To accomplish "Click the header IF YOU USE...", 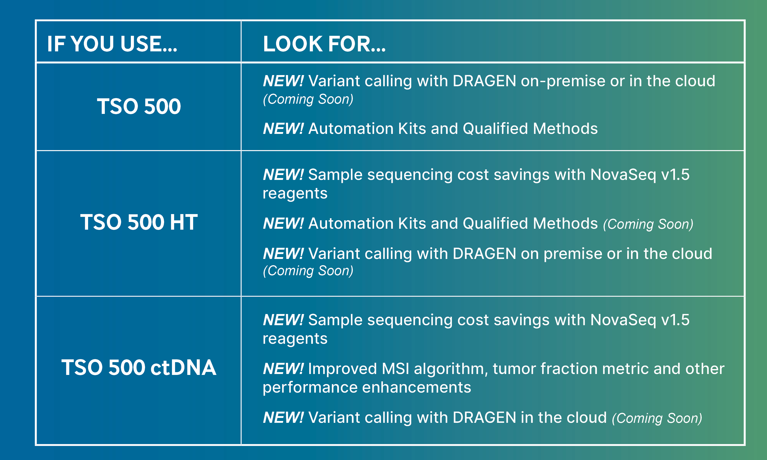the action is click(112, 44).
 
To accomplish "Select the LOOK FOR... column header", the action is click(324, 44).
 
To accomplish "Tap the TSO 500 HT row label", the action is click(139, 222).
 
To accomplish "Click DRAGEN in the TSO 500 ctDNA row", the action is click(484, 417).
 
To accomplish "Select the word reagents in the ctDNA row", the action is click(295, 339).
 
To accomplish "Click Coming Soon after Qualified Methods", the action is click(648, 224).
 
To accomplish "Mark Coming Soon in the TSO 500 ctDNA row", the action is click(657, 418).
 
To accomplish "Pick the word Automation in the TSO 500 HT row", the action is click(351, 223).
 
